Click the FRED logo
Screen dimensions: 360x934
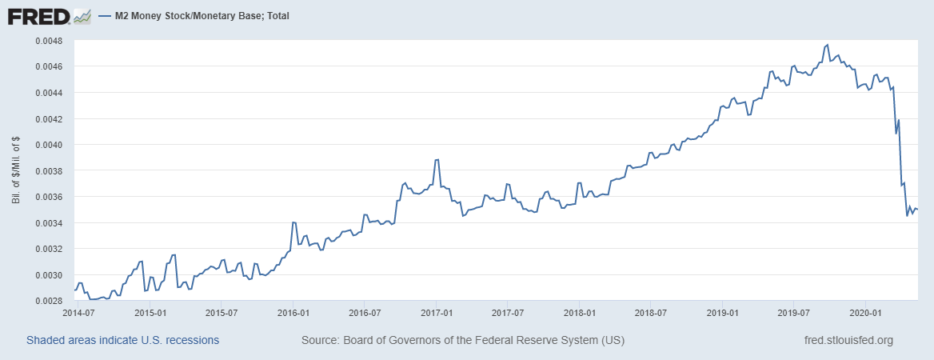(x=38, y=15)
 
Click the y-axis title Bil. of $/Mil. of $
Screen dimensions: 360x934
(x=16, y=170)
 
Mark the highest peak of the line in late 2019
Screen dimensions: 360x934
(x=827, y=45)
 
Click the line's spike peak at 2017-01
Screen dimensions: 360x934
(x=437, y=160)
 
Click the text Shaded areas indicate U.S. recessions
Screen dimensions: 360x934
(x=122, y=340)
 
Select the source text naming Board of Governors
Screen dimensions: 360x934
(x=463, y=340)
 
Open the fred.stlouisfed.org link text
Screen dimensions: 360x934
(x=848, y=340)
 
